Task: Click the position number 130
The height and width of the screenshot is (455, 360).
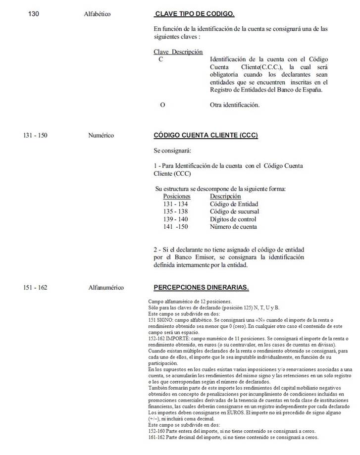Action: click(x=34, y=14)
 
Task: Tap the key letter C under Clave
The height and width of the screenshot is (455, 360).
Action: click(x=160, y=59)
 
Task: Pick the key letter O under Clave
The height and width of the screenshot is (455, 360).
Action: click(x=162, y=104)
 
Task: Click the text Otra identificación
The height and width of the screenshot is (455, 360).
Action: click(x=235, y=104)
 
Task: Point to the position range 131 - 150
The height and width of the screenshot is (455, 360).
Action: click(x=35, y=135)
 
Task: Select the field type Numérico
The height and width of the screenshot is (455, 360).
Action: click(x=101, y=135)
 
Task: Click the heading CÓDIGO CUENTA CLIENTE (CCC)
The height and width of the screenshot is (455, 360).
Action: click(x=206, y=135)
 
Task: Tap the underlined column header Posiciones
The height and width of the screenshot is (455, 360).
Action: click(x=176, y=197)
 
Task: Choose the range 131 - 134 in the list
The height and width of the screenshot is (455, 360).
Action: click(x=175, y=204)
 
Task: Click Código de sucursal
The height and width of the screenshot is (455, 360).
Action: click(x=234, y=211)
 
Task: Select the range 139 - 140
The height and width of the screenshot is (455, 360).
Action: click(x=175, y=219)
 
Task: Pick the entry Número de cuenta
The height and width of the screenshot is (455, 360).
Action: click(x=233, y=227)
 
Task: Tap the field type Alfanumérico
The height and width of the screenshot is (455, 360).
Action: click(x=106, y=287)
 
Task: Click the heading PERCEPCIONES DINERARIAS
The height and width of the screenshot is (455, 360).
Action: click(x=201, y=287)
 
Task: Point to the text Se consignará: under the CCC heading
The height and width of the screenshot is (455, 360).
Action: click(x=172, y=150)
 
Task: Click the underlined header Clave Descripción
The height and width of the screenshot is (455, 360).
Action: click(x=178, y=51)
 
